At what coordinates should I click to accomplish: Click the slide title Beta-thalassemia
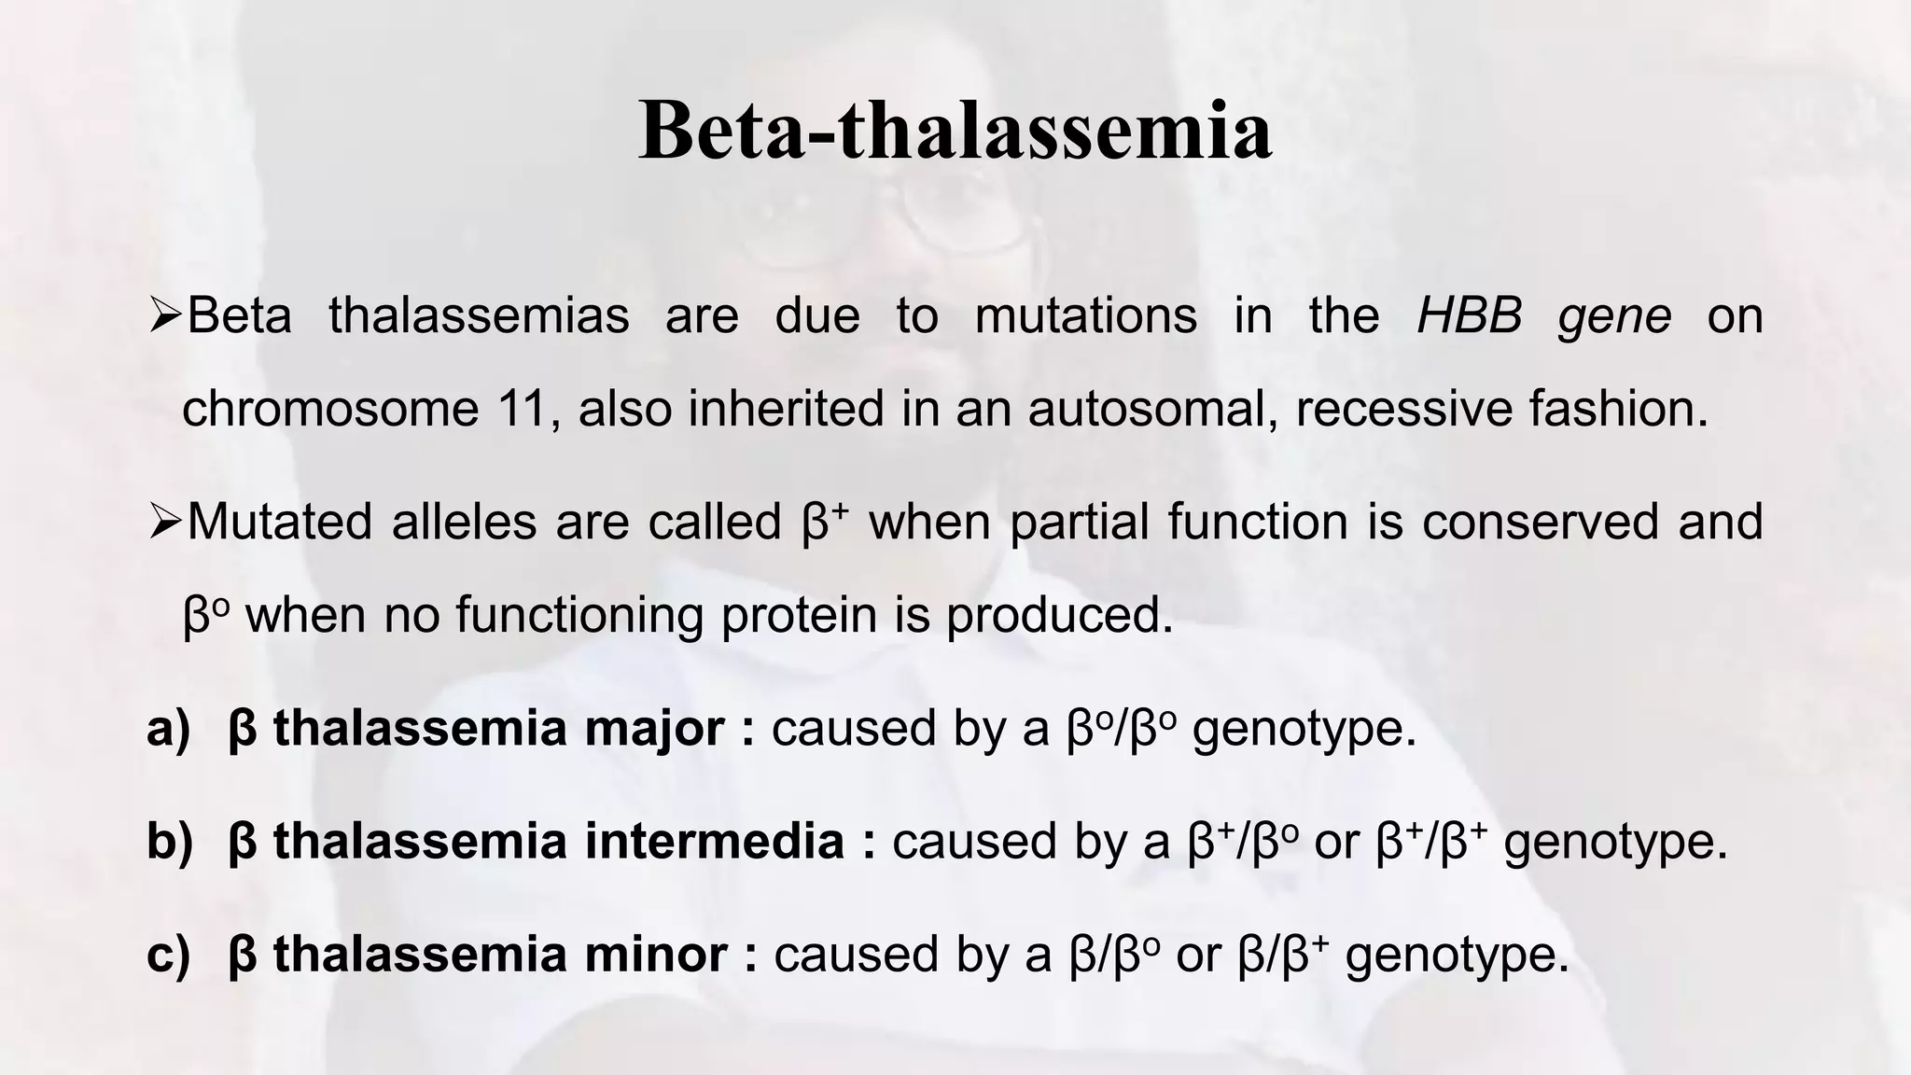(x=955, y=131)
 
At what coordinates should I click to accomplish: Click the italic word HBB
(x=1469, y=315)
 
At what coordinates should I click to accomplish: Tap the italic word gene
(x=1614, y=317)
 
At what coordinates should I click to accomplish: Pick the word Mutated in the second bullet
(x=280, y=522)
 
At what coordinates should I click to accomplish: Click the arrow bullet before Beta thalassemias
(x=165, y=316)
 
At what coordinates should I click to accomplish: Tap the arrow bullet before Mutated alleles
(x=165, y=523)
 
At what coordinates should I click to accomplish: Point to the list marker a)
(x=168, y=729)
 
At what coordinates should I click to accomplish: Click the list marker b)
(x=169, y=842)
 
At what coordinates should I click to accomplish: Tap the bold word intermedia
(x=714, y=842)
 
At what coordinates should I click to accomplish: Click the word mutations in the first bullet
(x=1085, y=315)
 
